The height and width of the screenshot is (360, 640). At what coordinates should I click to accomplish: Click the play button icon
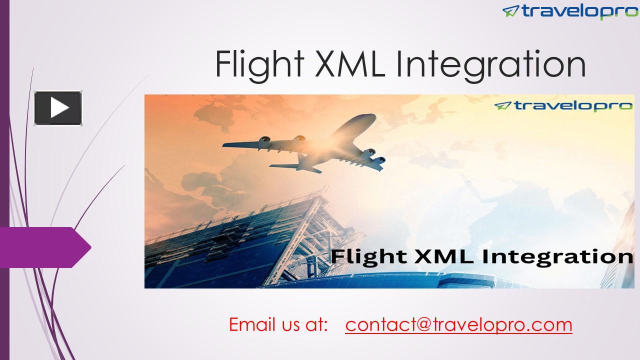[x=58, y=108]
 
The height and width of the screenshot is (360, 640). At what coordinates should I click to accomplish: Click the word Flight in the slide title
[x=259, y=65]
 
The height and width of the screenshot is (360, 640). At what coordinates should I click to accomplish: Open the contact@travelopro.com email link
[x=458, y=324]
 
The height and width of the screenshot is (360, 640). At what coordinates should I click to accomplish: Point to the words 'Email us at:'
[x=278, y=324]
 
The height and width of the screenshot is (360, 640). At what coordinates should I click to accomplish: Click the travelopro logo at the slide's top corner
[x=570, y=10]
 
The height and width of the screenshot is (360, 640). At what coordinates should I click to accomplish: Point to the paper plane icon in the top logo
[x=511, y=10]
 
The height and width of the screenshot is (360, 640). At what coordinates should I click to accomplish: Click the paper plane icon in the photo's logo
[x=502, y=105]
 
